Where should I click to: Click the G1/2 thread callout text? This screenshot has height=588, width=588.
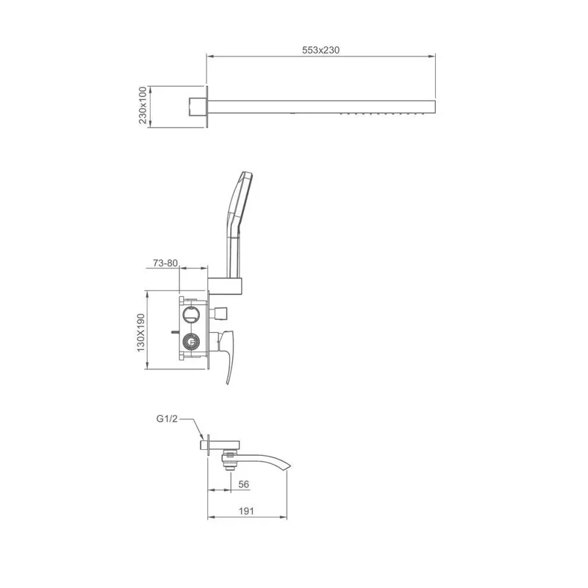(x=167, y=419)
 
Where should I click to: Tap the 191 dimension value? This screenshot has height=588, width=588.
(x=245, y=512)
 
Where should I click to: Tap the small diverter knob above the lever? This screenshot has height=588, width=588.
(x=221, y=314)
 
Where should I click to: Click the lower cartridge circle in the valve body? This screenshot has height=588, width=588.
(x=193, y=342)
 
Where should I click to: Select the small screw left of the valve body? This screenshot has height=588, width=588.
(x=174, y=331)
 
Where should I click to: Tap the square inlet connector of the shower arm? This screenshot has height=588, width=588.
(x=196, y=107)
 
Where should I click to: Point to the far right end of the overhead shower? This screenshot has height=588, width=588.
(x=435, y=107)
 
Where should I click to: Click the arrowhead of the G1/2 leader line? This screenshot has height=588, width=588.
(x=201, y=440)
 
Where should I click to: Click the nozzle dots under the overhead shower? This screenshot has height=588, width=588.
(x=382, y=115)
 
